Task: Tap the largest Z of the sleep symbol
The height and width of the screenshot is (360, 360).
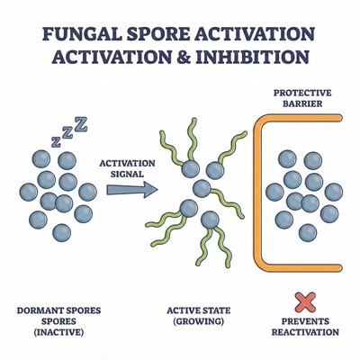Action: point(82,123)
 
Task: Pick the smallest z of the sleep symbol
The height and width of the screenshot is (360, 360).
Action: point(56,142)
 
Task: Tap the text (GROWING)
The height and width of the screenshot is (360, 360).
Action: point(194,322)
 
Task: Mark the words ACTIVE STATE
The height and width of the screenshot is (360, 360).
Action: point(194,311)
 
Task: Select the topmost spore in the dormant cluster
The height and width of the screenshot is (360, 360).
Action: point(43,157)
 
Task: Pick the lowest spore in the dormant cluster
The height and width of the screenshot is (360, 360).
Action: point(60,232)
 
